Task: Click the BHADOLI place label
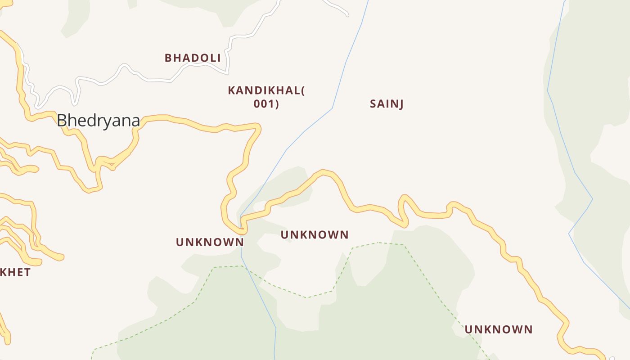pyautogui.click(x=193, y=58)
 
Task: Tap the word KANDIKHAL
pyautogui.click(x=264, y=90)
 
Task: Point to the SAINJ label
pyautogui.click(x=387, y=104)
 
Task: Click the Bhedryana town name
pyautogui.click(x=98, y=121)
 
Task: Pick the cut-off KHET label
pyautogui.click(x=15, y=272)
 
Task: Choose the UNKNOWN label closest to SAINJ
pyautogui.click(x=315, y=235)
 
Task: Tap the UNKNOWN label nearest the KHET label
pyautogui.click(x=210, y=242)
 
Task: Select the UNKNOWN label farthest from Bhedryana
pyautogui.click(x=498, y=329)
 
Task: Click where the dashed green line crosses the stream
pyautogui.click(x=242, y=266)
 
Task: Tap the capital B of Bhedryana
pyautogui.click(x=62, y=121)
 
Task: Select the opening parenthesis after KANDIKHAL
pyautogui.click(x=302, y=90)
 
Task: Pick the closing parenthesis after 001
pyautogui.click(x=277, y=104)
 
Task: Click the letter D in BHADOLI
pyautogui.click(x=193, y=58)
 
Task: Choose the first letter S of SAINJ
pyautogui.click(x=373, y=104)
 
